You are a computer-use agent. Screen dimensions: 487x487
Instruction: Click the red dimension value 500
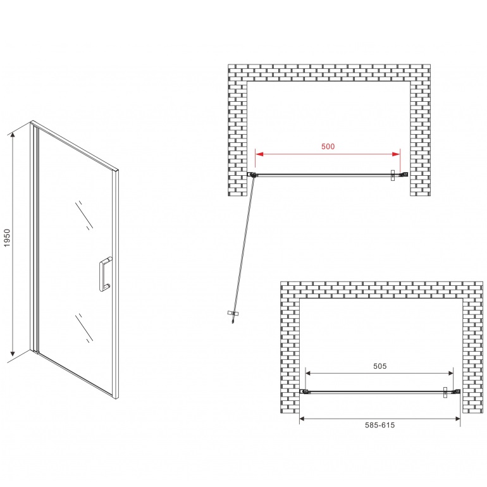click(x=328, y=146)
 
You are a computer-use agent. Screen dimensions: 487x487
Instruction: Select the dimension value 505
click(x=380, y=366)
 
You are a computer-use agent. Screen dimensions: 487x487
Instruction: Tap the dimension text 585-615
click(x=380, y=425)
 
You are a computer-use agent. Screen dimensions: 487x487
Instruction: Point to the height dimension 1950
click(x=7, y=238)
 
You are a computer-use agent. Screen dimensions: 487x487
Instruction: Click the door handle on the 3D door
click(x=105, y=274)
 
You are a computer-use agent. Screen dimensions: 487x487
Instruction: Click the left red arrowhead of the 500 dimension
click(x=259, y=154)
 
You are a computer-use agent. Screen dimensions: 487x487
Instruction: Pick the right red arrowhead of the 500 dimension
click(x=397, y=154)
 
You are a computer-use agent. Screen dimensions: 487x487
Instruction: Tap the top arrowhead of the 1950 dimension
click(x=13, y=135)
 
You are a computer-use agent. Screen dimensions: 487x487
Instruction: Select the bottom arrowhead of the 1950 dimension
click(x=13, y=353)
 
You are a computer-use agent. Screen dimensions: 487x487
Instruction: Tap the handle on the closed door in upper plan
click(x=393, y=175)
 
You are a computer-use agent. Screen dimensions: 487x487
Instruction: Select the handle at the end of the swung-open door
click(x=233, y=314)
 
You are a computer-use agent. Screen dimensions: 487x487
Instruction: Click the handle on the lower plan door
click(x=445, y=393)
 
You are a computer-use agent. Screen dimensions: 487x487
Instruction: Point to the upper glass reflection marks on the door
click(x=84, y=215)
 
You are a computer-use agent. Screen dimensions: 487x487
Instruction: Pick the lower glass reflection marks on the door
click(x=84, y=328)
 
